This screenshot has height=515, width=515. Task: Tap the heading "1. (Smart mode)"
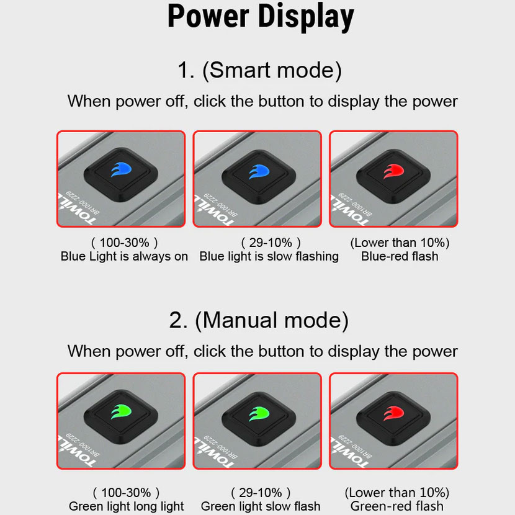point(259,70)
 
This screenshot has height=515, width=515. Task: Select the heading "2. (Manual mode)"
point(259,320)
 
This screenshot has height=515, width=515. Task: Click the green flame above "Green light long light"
point(121,412)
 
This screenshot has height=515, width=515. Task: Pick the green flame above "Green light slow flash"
point(259,413)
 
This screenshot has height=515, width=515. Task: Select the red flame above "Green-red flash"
point(393,413)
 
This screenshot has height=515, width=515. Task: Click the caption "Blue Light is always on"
point(124,256)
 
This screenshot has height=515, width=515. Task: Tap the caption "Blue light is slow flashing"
point(269,256)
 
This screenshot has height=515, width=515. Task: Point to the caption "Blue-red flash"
point(400,256)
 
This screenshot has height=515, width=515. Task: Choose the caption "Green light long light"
point(127,506)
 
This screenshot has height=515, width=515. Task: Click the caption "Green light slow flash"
point(261,506)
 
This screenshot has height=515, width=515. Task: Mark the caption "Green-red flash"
point(396,506)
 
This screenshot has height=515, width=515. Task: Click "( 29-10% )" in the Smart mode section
point(271,243)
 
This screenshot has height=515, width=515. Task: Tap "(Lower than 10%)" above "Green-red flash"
point(396,493)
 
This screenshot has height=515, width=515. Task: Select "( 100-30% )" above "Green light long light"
point(126,493)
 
